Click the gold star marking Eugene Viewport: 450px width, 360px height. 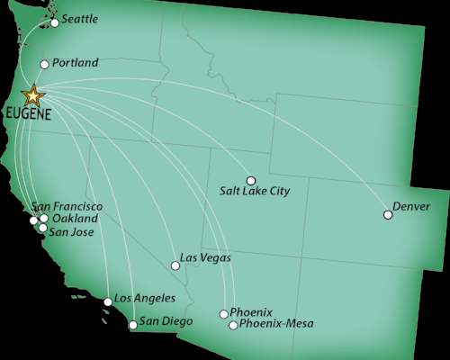point(33,94)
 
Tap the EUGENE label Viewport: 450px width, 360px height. point(27,115)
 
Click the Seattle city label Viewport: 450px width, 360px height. point(80,19)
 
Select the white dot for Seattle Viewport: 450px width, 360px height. point(55,22)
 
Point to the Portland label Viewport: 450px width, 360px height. point(76,63)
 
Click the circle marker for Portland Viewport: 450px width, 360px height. point(45,65)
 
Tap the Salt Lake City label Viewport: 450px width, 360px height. point(255,192)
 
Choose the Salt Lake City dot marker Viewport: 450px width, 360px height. point(251,180)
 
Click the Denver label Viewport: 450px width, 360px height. point(412,207)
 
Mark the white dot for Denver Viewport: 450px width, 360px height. point(388,214)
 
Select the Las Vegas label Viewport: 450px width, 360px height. point(205,258)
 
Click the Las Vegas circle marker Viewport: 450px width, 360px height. point(175,265)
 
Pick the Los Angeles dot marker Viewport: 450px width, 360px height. point(108,301)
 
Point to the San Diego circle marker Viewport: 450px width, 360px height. point(133,325)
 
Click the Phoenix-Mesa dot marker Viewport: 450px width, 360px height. point(233,325)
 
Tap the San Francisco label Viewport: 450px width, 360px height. point(67,206)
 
